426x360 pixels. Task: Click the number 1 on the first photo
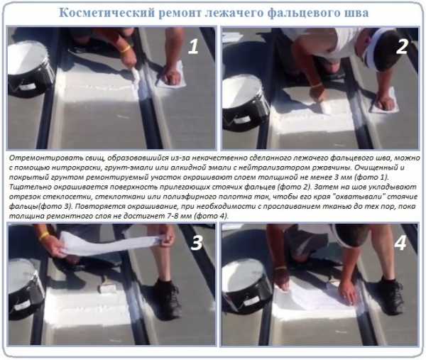coord(193,47)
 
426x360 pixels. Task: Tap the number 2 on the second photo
coord(402,46)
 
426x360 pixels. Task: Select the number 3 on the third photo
coord(197,243)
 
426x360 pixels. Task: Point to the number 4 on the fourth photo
coord(400,243)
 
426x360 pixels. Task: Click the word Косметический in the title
coord(106,13)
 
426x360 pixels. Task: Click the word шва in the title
coord(357,13)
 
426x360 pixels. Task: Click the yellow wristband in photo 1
coord(125,49)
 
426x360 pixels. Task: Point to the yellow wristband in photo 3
coord(44,236)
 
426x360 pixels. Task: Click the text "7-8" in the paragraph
coord(173,217)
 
